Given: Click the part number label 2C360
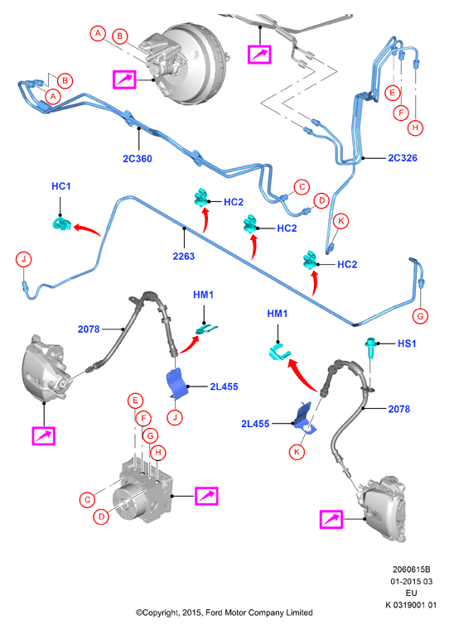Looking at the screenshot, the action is coord(138,159).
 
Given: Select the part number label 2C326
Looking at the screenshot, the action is coord(403,158).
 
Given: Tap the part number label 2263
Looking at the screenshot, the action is coord(184,256).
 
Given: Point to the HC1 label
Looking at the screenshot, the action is coord(61,186).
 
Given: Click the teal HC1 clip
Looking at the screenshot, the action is coord(62,223).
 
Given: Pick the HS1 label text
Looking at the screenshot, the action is coord(407,343).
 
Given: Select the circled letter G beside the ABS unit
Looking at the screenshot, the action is coord(150,435).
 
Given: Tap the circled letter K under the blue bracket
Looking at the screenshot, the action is coord(297,452).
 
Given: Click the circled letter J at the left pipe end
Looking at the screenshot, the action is coord(24,259).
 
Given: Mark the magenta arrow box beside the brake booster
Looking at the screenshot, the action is coord(124,79).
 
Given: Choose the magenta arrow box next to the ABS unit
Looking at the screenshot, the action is coord(206,496).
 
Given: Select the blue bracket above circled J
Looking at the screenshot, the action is coord(176,384).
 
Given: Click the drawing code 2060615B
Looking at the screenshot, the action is coord(411,569).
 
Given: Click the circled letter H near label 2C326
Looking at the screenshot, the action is coord(415,128).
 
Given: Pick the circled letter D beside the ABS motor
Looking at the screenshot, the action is coord(101,516).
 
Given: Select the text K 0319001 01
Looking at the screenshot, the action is coord(411,605).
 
